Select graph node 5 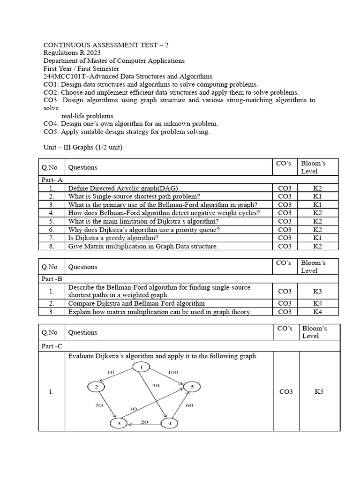click(x=192, y=387)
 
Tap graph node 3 click(x=119, y=424)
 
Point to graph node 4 click(x=169, y=424)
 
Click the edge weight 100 click(x=173, y=371)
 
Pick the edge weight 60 click(x=189, y=405)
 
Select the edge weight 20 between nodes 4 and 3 click(x=144, y=421)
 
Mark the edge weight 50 click(x=99, y=405)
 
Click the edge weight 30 click(x=156, y=385)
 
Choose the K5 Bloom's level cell click(x=319, y=391)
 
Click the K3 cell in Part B click(x=317, y=291)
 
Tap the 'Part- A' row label click(x=52, y=180)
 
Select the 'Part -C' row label click(x=52, y=346)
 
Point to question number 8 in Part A click(x=52, y=246)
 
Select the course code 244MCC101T click(x=63, y=76)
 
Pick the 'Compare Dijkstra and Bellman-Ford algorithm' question click(x=136, y=303)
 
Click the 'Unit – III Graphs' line click(x=82, y=148)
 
